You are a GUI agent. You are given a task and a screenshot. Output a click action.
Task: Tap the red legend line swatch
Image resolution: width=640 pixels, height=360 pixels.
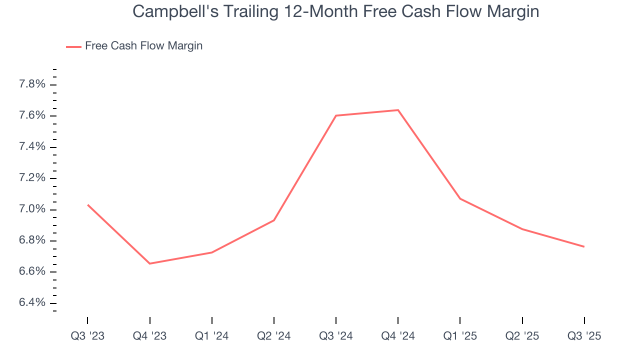pos(73,46)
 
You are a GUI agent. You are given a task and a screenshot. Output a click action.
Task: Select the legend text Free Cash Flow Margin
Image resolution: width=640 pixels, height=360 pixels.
pos(143,46)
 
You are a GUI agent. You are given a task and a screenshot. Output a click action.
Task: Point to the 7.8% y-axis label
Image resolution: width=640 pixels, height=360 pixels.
pos(32,84)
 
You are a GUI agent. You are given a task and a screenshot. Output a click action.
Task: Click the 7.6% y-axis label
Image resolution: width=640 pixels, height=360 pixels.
pos(32,115)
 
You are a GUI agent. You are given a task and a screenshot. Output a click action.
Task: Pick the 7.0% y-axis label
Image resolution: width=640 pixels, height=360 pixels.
pos(32,209)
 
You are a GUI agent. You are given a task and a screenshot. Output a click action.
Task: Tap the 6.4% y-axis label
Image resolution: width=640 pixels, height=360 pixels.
pos(32,303)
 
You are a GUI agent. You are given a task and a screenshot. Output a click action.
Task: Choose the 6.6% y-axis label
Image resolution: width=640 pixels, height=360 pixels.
pos(32,272)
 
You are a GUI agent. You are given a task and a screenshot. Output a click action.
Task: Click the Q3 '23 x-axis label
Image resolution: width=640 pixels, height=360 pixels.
pos(87,336)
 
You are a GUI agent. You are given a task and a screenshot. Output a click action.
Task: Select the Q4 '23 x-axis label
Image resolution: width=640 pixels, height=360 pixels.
pos(149,336)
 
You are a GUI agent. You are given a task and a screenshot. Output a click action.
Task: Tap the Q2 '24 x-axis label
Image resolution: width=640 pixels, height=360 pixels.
pos(274,336)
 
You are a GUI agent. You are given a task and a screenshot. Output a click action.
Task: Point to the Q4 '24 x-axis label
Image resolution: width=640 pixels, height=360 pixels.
pos(398,336)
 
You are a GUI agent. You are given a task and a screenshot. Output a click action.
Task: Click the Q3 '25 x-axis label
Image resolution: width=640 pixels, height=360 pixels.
pos(584,336)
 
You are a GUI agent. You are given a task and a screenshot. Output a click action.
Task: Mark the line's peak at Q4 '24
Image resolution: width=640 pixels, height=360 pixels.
pos(398,110)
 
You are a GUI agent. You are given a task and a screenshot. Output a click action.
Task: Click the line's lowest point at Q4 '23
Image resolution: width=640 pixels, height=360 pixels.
pos(149,263)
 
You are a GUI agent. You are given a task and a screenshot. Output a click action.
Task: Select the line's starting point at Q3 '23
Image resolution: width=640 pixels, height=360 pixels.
pos(87,204)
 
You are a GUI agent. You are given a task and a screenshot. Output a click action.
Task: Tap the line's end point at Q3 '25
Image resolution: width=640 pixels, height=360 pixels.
pos(584,246)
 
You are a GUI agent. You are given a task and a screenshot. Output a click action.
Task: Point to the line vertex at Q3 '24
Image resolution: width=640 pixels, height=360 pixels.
pos(336,115)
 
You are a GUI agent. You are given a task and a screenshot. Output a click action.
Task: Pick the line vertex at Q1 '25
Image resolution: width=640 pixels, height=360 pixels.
pos(460,199)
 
